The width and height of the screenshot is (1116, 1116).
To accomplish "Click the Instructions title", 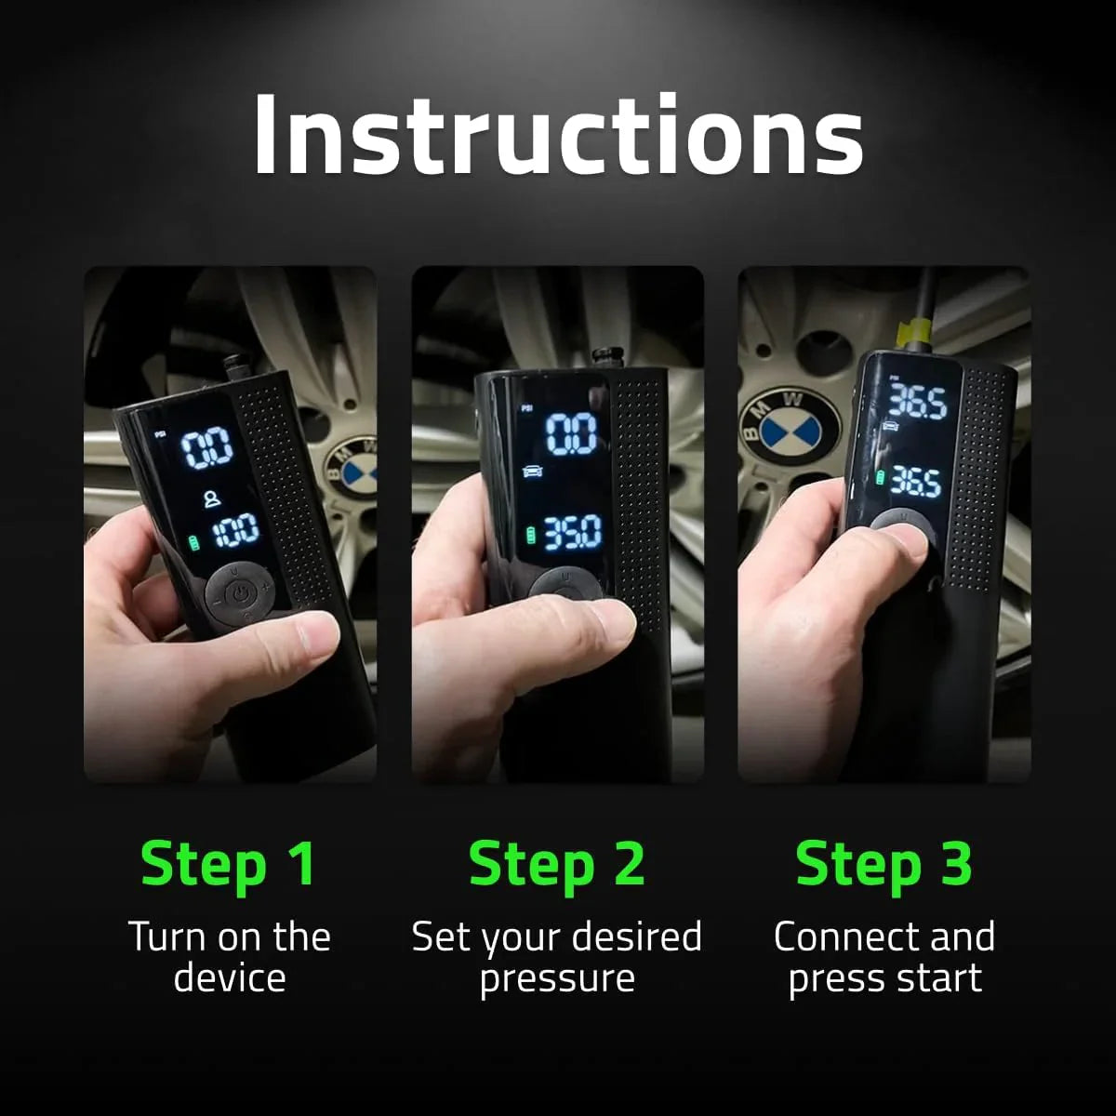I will pyautogui.click(x=558, y=135).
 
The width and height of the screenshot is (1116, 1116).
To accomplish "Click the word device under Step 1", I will pyautogui.click(x=229, y=978).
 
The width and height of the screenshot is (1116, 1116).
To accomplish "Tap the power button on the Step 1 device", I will pyautogui.click(x=240, y=591).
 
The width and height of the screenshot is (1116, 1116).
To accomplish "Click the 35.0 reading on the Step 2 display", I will pyautogui.click(x=572, y=534).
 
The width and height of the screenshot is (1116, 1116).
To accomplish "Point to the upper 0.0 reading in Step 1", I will pyautogui.click(x=206, y=449).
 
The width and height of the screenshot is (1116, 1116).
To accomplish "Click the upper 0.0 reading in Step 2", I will pyautogui.click(x=571, y=434).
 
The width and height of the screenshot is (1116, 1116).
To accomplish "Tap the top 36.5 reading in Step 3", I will pyautogui.click(x=917, y=402).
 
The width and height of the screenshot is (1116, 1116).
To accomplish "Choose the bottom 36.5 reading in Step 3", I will pyautogui.click(x=915, y=481).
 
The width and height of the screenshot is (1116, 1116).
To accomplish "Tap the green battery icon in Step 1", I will pyautogui.click(x=194, y=541).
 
